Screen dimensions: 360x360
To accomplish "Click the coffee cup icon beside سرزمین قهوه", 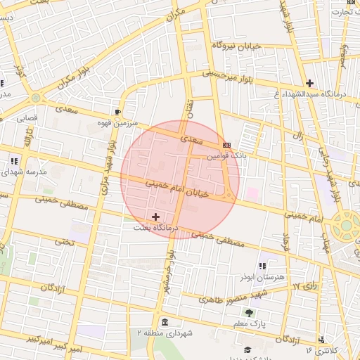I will tap(117, 112).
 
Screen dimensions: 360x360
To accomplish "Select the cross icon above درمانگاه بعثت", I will tap(155, 217).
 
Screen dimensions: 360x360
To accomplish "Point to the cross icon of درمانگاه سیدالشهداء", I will tap(309, 83).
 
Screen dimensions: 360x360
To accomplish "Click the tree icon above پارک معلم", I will tap(248, 313).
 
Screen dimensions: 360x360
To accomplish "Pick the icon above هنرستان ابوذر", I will tap(262, 266).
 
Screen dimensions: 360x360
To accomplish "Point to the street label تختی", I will tap(64, 241).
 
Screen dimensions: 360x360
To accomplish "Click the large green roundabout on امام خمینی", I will tap(347, 226).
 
